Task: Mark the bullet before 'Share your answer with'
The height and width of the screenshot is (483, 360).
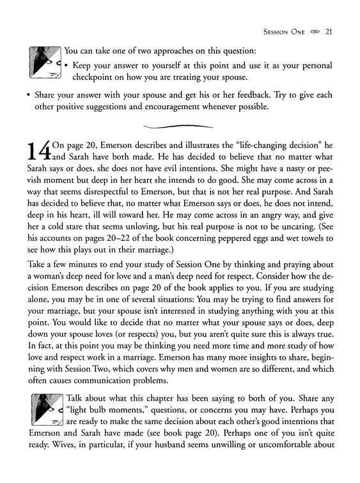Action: tap(29, 95)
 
